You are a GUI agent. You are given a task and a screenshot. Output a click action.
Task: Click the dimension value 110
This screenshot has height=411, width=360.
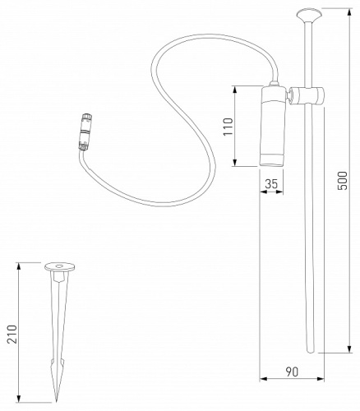228,126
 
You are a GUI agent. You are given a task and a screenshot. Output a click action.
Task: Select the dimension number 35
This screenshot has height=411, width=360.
271,185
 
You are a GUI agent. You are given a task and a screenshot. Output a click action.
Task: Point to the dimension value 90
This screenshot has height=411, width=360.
291,372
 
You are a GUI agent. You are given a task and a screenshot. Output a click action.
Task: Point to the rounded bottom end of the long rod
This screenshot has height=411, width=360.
311,349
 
